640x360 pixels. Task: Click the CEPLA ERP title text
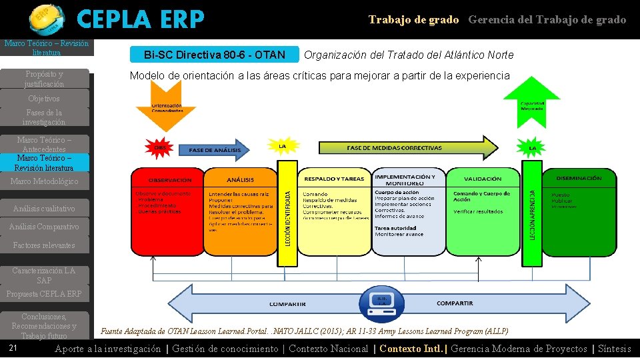point(140,20)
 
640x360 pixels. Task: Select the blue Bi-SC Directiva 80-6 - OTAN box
point(214,55)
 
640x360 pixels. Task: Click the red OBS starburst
point(160,148)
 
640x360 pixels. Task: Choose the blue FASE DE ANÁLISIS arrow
point(214,151)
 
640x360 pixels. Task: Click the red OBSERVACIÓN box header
point(169,180)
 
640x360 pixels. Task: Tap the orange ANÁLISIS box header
point(240,179)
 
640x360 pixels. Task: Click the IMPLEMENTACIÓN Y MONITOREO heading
point(407,179)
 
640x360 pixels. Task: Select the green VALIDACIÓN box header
point(483,179)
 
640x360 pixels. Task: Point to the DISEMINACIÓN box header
point(576,178)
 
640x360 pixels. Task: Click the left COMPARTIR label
point(287,304)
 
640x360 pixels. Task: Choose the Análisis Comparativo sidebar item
point(44,227)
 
